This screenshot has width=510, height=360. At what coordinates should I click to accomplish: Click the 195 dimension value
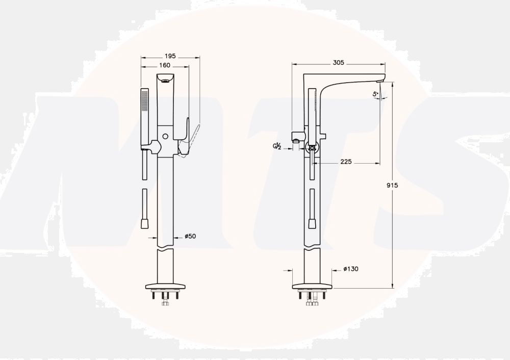(x=170, y=56)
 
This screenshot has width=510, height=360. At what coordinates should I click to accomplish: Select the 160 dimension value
(x=165, y=65)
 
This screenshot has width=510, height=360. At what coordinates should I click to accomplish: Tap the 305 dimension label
(x=338, y=62)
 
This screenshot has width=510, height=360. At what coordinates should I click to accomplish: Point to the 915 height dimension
(x=392, y=186)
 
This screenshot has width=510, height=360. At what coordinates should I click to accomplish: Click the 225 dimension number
(x=346, y=161)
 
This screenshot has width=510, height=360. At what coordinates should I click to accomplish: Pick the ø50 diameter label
(x=190, y=236)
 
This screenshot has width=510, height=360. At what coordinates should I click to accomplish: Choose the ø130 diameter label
(x=351, y=269)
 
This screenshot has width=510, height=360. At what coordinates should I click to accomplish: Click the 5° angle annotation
(x=376, y=94)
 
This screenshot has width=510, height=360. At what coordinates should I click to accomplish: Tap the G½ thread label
(x=277, y=147)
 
